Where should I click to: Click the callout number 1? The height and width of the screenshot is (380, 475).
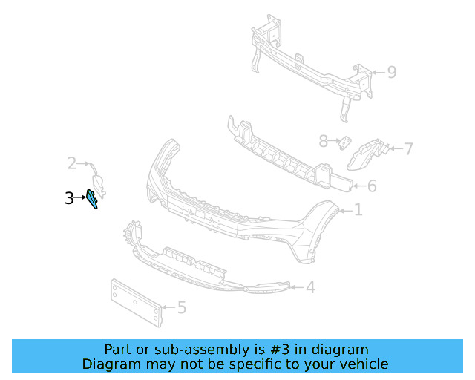point(358,211)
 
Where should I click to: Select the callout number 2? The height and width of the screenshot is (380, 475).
point(72,163)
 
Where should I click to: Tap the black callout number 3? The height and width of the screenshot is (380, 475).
point(69,198)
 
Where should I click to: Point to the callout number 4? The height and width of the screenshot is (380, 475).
point(310,287)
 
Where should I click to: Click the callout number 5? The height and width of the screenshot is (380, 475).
point(181,307)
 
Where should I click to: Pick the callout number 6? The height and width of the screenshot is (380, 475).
point(372,186)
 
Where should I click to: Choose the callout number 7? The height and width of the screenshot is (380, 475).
point(408,149)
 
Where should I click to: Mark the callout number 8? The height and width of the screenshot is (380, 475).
point(323,140)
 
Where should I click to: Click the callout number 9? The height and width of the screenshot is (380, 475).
point(391,72)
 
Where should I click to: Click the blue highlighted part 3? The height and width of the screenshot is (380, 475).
point(92,199)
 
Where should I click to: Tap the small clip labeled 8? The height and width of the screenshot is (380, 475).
point(345,142)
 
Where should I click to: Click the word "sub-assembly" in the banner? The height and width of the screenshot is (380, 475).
point(183,350)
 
